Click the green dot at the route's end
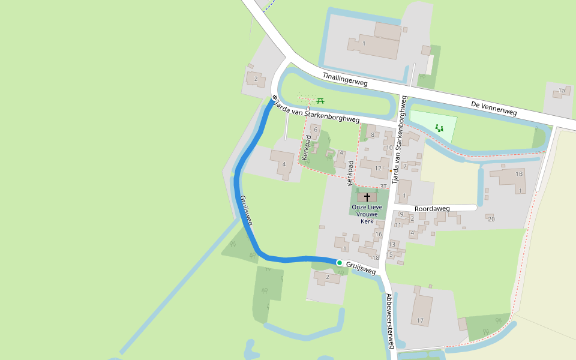(x=340, y=263)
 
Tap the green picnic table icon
(x=320, y=101)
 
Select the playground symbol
(x=439, y=128)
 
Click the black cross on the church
(x=367, y=197)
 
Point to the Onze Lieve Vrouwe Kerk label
(x=367, y=214)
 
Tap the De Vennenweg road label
(x=494, y=108)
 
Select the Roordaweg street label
(x=431, y=209)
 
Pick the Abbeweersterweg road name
(x=390, y=321)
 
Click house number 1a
(x=562, y=91)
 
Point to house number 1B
(x=520, y=174)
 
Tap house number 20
(x=491, y=219)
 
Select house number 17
(x=420, y=321)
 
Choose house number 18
(x=376, y=258)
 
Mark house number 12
(x=378, y=168)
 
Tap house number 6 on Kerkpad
(x=316, y=129)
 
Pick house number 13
(x=392, y=244)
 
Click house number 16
(x=379, y=234)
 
